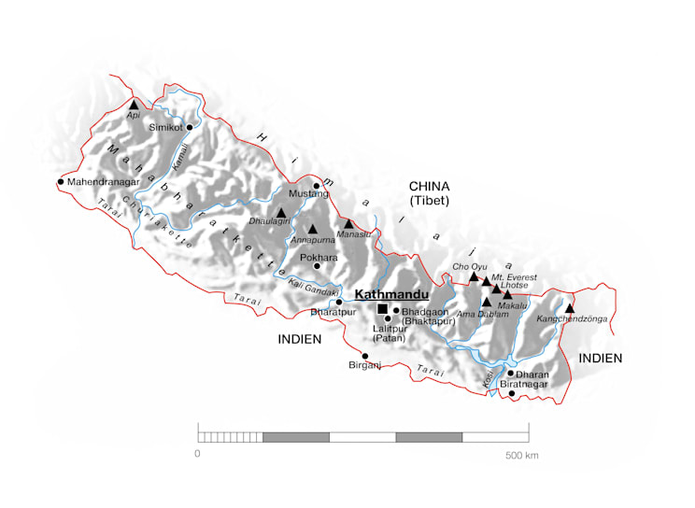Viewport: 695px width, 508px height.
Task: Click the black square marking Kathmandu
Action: point(382,309)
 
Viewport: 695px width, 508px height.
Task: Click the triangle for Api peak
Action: point(134,105)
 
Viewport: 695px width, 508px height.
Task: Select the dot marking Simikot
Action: point(190,127)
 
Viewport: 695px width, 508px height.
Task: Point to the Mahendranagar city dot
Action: point(61,182)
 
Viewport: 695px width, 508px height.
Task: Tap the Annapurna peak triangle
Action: point(313,228)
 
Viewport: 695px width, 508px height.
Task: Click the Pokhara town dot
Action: point(317,266)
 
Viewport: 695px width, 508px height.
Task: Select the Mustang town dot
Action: point(317,186)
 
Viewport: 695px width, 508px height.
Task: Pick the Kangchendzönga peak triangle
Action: point(569,308)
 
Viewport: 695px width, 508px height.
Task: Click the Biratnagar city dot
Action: point(512,393)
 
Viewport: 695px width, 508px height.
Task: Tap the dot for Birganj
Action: point(365,356)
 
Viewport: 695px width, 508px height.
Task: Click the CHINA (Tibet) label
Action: point(429,192)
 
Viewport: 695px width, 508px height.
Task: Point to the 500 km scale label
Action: point(522,456)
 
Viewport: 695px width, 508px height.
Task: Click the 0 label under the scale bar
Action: point(197,455)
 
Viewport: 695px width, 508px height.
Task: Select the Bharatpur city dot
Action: point(339,302)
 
